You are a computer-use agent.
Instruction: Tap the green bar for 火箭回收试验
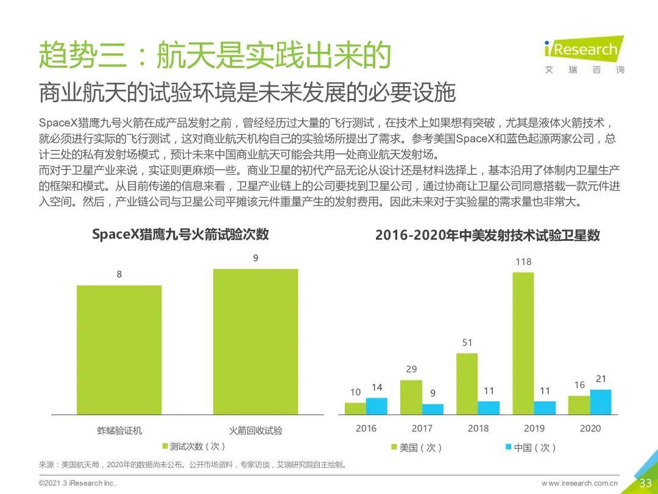click(256, 342)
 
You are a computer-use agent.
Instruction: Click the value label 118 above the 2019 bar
click(523, 262)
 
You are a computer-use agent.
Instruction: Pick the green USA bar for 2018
click(467, 384)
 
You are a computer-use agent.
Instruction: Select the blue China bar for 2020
click(601, 402)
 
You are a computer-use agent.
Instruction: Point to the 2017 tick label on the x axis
click(422, 428)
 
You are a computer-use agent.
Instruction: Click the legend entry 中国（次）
click(530, 448)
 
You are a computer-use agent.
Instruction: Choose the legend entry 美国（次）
click(417, 448)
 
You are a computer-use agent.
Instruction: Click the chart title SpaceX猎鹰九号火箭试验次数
click(180, 235)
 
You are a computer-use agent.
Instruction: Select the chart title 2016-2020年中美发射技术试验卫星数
click(487, 235)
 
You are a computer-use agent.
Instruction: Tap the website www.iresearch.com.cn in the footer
click(579, 484)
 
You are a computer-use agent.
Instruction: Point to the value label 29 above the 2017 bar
click(411, 369)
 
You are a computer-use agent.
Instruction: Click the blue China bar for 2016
click(376, 406)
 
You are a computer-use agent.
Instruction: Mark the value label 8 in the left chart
click(119, 274)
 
